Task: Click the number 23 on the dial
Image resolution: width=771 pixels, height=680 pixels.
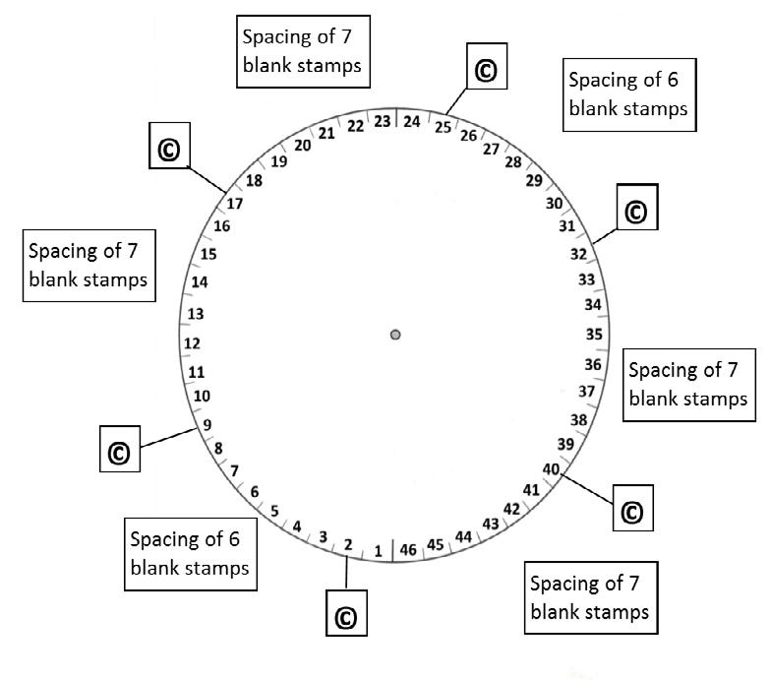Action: pyautogui.click(x=384, y=122)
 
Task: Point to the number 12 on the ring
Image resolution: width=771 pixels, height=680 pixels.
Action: pyautogui.click(x=193, y=343)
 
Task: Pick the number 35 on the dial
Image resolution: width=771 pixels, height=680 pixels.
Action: pyautogui.click(x=593, y=334)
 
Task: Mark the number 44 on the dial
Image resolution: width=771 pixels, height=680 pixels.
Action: pyautogui.click(x=464, y=536)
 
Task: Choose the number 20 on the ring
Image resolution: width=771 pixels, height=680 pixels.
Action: pyautogui.click(x=303, y=146)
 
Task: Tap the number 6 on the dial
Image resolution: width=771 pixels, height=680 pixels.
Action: pyautogui.click(x=255, y=491)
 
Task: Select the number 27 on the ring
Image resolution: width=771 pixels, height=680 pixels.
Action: pyautogui.click(x=491, y=149)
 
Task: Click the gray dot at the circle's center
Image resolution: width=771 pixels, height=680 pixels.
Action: pyautogui.click(x=395, y=335)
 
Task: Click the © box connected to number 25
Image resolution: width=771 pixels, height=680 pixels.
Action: pyautogui.click(x=485, y=69)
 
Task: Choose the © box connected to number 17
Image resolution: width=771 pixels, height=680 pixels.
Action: pyautogui.click(x=168, y=149)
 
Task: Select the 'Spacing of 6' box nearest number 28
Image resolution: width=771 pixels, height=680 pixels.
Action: pyautogui.click(x=627, y=93)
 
